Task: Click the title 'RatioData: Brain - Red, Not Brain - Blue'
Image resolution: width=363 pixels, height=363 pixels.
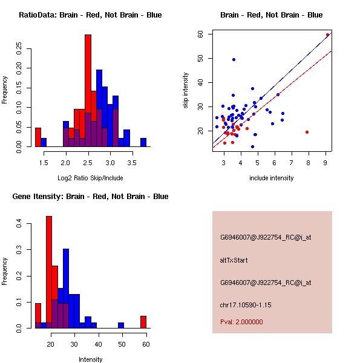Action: pos(90,15)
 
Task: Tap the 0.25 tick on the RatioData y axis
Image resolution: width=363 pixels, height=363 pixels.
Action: pos(21,48)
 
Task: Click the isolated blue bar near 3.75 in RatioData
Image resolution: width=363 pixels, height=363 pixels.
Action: pos(143,142)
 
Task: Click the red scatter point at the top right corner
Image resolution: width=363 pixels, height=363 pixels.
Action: pos(327,35)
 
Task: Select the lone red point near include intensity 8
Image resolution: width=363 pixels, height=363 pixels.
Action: pos(307,132)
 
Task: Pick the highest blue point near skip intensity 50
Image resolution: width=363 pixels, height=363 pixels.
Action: pos(234,59)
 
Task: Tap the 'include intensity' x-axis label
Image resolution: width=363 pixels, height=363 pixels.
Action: pos(272,178)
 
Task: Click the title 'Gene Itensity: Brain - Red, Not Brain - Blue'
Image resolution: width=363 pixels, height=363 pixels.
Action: pos(90,197)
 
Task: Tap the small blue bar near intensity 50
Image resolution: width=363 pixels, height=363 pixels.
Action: pos(121,325)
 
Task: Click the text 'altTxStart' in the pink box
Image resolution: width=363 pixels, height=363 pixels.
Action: pos(234,260)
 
